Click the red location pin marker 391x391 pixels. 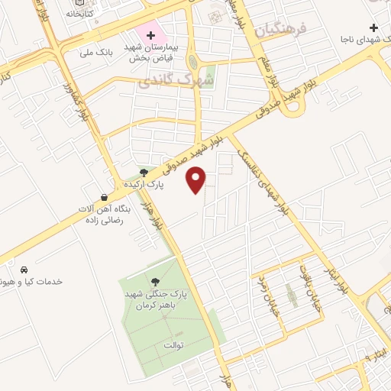[197, 179]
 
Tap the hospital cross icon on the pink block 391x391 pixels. [150, 34]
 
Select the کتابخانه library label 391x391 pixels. [80, 13]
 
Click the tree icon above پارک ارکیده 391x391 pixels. [144, 173]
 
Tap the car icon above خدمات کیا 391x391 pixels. [24, 270]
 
